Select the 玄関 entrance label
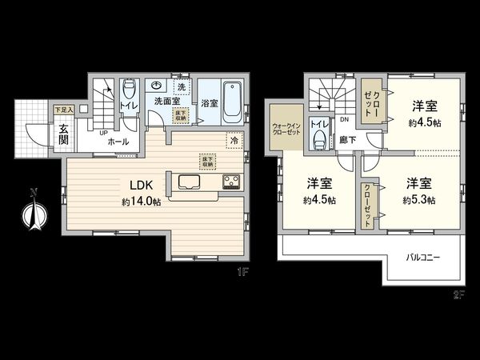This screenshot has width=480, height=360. [x=64, y=134]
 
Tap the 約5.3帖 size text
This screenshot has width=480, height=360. [x=419, y=199]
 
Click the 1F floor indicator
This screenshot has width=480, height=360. [x=243, y=272]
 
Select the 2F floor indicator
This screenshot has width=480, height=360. [x=458, y=294]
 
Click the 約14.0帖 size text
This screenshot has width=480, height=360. [x=142, y=203]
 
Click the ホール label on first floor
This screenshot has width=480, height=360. [x=117, y=140]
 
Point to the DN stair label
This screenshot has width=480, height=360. [x=345, y=120]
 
